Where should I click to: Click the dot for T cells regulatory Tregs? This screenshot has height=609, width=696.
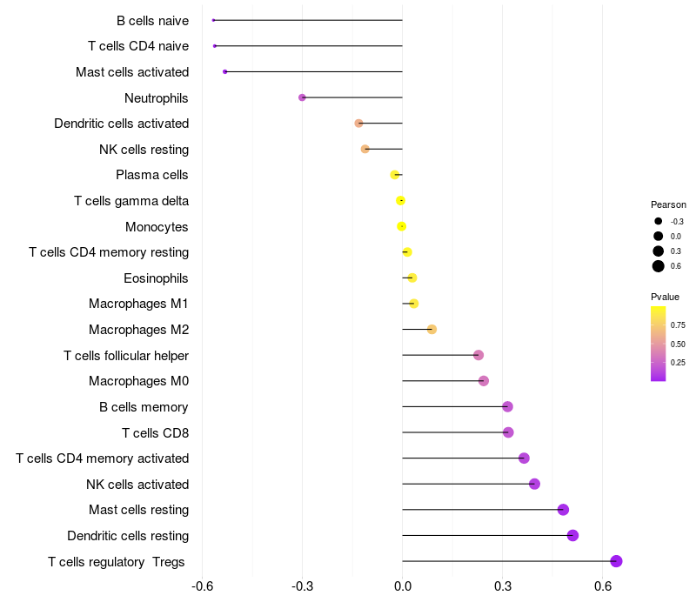point(616,561)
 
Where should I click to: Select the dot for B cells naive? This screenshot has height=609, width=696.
point(213,20)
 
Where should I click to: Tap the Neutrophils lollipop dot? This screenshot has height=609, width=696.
point(302,97)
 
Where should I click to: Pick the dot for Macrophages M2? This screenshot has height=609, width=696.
point(432,330)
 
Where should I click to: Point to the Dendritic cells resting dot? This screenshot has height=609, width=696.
point(572,535)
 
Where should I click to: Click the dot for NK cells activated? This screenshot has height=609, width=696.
point(534,484)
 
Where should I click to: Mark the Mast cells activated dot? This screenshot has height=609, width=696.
point(225,71)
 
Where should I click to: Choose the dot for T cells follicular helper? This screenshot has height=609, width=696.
point(478,355)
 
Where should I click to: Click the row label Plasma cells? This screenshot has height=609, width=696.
point(152,175)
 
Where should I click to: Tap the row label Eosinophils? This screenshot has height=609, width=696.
point(157,278)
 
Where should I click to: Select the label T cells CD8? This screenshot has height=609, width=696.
point(156,432)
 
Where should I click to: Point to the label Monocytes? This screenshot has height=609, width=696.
point(157,227)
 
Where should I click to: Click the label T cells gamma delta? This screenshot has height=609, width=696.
point(131,201)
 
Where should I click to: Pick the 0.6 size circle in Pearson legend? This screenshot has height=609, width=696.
point(659,266)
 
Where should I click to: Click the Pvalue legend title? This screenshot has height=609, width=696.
point(666,297)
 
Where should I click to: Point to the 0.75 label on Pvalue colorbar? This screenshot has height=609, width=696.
point(678,325)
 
